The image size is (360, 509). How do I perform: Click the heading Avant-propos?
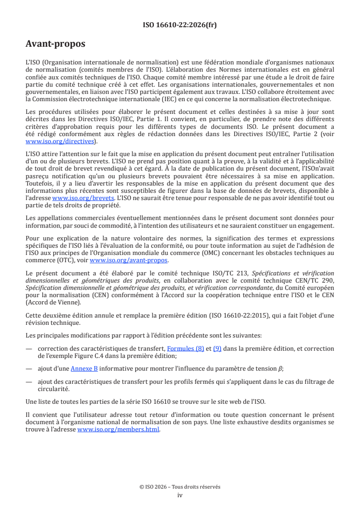[55, 44]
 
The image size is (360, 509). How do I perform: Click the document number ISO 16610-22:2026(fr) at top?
[180, 25]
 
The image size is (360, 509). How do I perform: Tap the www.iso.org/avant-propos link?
[128, 260]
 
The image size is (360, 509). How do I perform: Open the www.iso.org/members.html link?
[118, 429]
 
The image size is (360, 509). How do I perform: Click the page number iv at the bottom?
[180, 495]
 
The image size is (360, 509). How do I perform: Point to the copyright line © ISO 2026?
[180, 487]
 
